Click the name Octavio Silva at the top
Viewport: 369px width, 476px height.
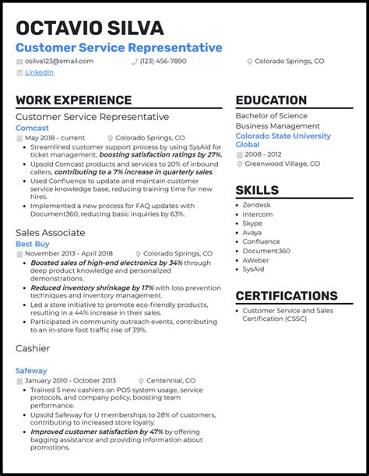[x=90, y=28]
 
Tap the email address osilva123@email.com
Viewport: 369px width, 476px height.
[x=59, y=61]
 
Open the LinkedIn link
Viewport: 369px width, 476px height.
[x=39, y=72]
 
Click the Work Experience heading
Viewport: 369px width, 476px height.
[x=73, y=100]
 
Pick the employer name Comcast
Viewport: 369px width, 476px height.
[x=32, y=128]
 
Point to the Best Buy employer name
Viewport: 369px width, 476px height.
[x=32, y=244]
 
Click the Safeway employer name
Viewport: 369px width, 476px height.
[x=31, y=371]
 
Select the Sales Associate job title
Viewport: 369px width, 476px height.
[x=51, y=232]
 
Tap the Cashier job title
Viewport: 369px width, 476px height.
[x=33, y=348]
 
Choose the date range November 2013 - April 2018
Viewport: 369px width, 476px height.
[x=69, y=254]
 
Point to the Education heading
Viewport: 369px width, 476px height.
[x=271, y=100]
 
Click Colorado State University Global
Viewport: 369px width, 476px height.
[x=283, y=140]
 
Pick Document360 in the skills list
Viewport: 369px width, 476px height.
[x=266, y=251]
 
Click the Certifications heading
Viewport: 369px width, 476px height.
[x=286, y=296]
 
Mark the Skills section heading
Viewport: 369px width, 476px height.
[x=257, y=190]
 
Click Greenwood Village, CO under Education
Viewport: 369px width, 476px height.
[x=282, y=164]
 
